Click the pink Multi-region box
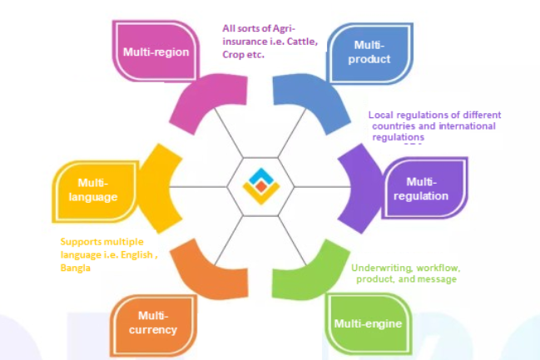pyautogui.click(x=156, y=52)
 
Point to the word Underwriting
pyautogui.click(x=379, y=269)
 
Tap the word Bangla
pyautogui.click(x=77, y=269)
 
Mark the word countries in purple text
pyautogui.click(x=390, y=126)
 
